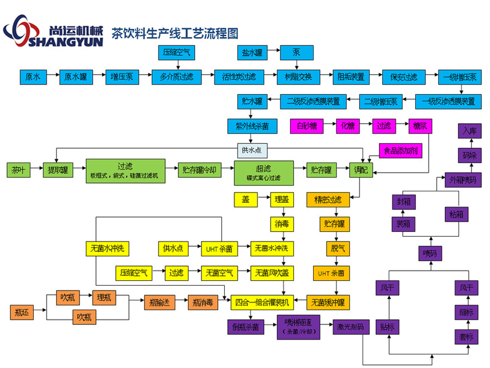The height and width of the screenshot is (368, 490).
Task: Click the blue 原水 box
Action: coord(33,77)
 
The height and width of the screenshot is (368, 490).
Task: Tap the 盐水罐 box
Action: coord(252,53)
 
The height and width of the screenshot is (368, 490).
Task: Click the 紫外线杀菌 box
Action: coord(252,126)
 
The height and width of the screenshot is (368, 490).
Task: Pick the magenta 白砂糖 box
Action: coord(307,126)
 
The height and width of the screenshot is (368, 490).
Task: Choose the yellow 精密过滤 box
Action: coord(328,200)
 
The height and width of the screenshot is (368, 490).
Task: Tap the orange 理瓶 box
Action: coord(103,298)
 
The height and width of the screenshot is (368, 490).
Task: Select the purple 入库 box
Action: coord(469,131)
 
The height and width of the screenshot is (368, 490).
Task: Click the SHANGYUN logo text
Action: coord(68,41)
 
